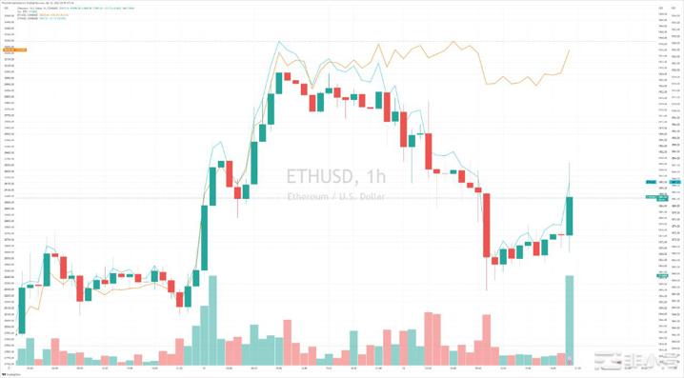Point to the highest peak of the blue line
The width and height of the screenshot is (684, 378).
[x=279, y=42]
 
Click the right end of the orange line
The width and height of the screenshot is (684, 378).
[x=570, y=50]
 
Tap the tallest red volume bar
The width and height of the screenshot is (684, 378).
[x=432, y=338]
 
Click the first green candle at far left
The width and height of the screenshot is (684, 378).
[x=22, y=305]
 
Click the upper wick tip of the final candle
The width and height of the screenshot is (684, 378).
[x=570, y=164]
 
